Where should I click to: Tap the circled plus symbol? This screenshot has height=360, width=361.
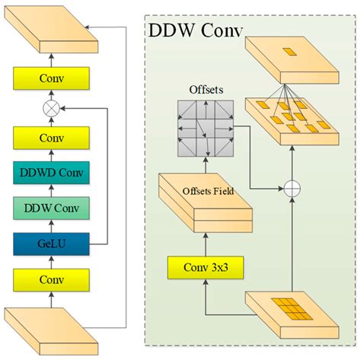coord(292,188)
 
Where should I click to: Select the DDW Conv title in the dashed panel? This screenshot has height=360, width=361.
coord(196,35)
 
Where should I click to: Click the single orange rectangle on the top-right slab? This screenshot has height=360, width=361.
coord(292,53)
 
